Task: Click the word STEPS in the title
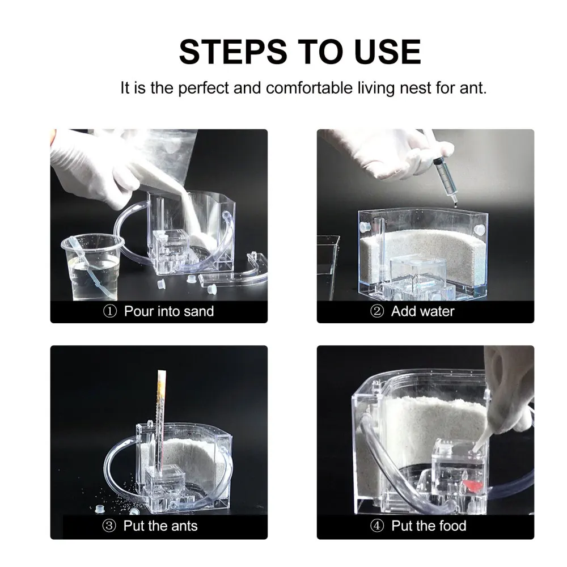point(233,52)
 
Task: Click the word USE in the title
point(388,52)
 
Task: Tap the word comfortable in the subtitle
point(309,88)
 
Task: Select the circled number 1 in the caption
point(110,311)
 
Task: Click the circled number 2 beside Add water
point(377,311)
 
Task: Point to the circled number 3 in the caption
point(109,526)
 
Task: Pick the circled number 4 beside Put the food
point(377,526)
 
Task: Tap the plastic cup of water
point(92,267)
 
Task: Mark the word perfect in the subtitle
point(204,88)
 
